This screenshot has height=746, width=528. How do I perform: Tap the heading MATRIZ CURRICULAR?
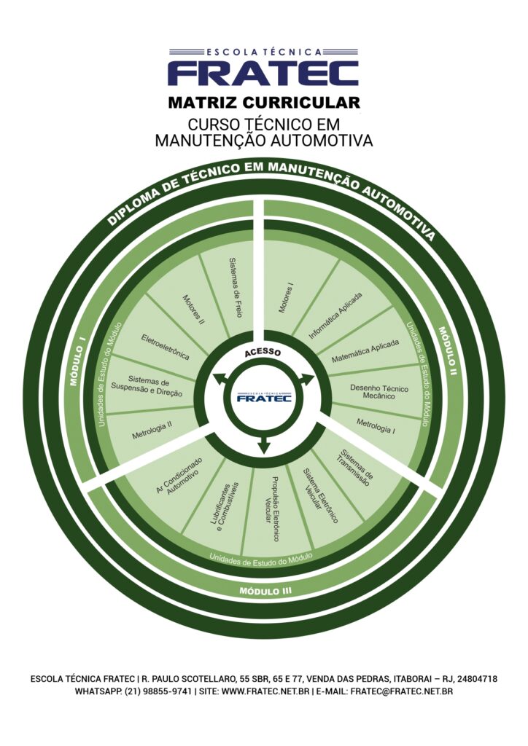click(x=263, y=101)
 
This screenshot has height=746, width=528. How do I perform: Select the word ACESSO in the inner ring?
click(x=263, y=352)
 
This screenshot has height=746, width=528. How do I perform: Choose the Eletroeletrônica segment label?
click(x=165, y=347)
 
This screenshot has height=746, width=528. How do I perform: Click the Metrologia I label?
click(x=376, y=425)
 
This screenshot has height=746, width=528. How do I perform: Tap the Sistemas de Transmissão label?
click(x=356, y=467)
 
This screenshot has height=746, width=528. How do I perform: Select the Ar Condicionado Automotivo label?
click(x=179, y=476)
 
